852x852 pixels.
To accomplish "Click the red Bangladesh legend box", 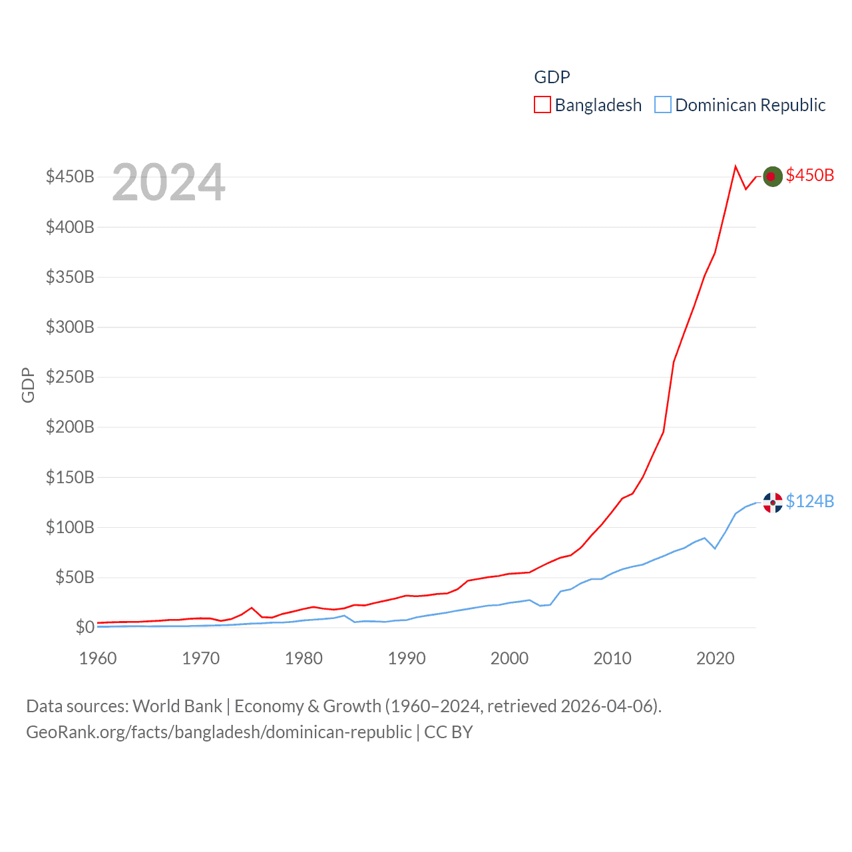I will (x=542, y=105).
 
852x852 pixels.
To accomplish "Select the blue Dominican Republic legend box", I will (x=663, y=105).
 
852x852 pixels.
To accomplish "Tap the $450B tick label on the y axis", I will (x=70, y=176).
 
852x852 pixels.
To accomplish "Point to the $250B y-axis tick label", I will (x=70, y=377).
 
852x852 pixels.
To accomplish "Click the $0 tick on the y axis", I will (x=85, y=627).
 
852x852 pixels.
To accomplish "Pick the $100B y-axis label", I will (x=70, y=527).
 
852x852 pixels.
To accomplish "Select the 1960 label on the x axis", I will (x=98, y=658).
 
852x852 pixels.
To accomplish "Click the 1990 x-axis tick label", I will (x=407, y=658).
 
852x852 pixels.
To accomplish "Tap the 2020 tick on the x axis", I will (x=716, y=658).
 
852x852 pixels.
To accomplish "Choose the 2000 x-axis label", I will (x=510, y=658).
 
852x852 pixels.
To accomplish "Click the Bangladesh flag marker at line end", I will (x=772, y=176).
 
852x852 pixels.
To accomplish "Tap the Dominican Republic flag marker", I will (x=772, y=503).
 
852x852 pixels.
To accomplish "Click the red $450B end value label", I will (x=809, y=175).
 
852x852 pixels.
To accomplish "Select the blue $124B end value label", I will (x=809, y=501).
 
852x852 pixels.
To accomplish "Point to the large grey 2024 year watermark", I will (x=168, y=182).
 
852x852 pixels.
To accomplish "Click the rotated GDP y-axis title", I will (x=28, y=385).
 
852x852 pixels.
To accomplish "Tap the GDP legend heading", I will (x=552, y=77).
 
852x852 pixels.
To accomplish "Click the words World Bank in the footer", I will (x=177, y=706).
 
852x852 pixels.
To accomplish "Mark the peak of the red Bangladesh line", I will (x=736, y=166).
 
